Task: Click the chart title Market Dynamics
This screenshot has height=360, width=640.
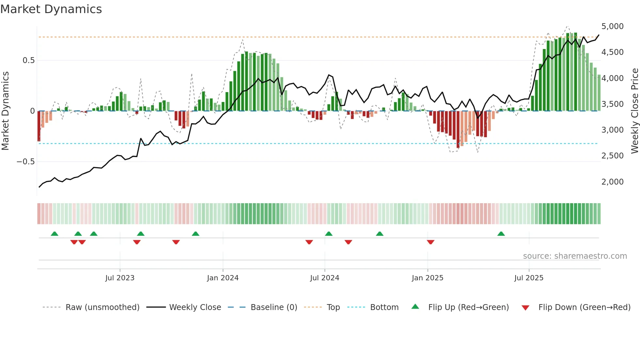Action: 51,9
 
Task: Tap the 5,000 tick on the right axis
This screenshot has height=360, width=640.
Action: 612,26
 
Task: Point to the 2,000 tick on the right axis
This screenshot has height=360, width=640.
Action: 612,182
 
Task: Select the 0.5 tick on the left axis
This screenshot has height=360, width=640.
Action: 28,60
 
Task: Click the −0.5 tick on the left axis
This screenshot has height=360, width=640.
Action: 26,162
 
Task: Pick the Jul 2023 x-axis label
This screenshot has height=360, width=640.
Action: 120,278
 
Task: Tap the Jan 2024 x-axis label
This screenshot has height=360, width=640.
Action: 223,278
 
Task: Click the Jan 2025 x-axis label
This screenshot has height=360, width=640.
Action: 427,278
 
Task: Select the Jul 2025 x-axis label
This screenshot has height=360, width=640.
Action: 529,278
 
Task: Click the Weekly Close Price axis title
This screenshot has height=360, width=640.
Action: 634,111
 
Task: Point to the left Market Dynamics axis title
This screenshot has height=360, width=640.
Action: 5,111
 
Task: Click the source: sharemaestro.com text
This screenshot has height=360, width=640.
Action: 575,256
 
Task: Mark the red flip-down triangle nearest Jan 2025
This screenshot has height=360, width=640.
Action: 430,242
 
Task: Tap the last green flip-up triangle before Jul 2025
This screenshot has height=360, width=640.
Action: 501,234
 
